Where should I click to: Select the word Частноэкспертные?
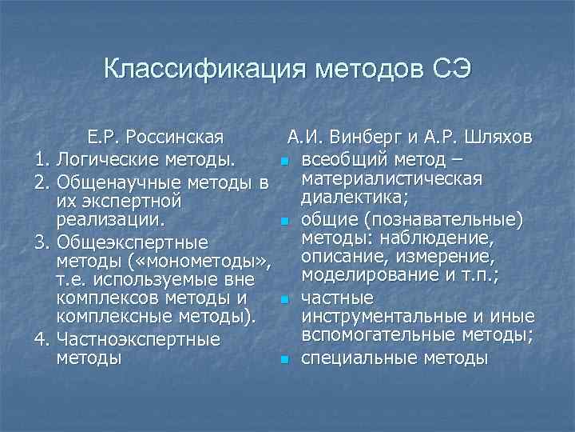139,340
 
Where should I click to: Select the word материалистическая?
391,177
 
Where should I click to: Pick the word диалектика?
355,197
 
